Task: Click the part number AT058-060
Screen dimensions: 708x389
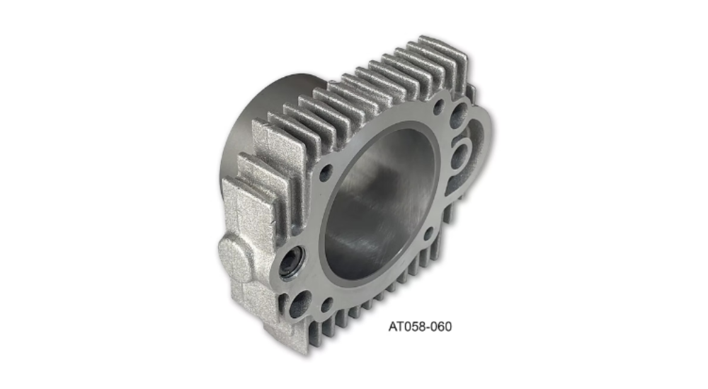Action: pos(420,326)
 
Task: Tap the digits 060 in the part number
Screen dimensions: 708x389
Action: pos(440,326)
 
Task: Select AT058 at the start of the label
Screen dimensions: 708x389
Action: pos(406,326)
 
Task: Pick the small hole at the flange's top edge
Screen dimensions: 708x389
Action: pos(438,107)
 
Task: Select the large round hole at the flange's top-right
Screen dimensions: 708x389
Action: pos(458,113)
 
